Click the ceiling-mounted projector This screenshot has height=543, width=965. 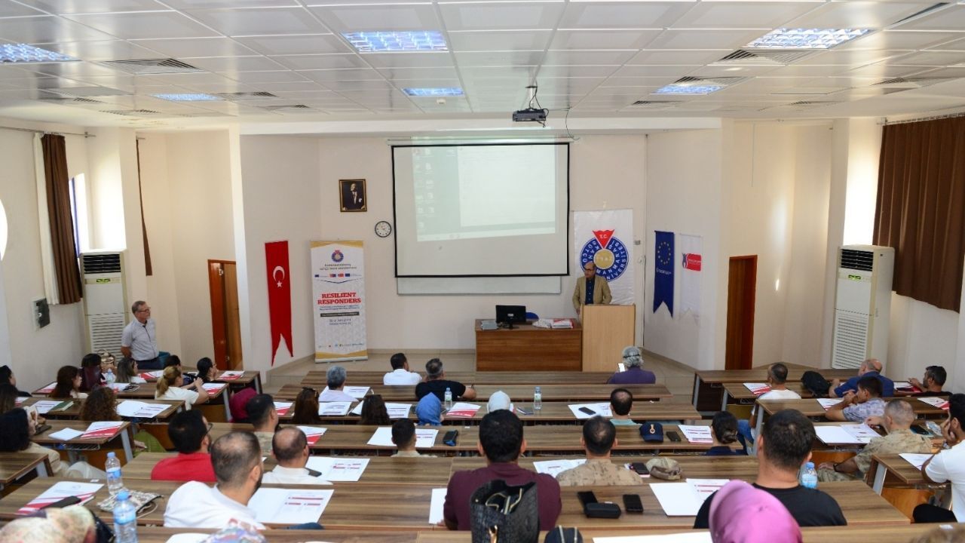pos(529,115)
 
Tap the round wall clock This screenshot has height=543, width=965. pos(383,229)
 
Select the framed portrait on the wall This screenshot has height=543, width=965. pos(353,195)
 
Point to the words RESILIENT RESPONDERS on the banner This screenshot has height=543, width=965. pos(339,297)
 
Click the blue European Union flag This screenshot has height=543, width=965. pos(663,270)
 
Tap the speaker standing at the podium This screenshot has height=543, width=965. pos(591,287)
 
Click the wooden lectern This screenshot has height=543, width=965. pos(607,336)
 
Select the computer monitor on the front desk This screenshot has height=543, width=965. pos(510,314)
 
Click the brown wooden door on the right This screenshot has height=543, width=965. pos(740,311)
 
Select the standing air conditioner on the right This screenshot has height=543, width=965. pos(861,305)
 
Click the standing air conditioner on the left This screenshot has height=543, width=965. pos(104,300)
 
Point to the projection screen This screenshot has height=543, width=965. pos(480,210)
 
